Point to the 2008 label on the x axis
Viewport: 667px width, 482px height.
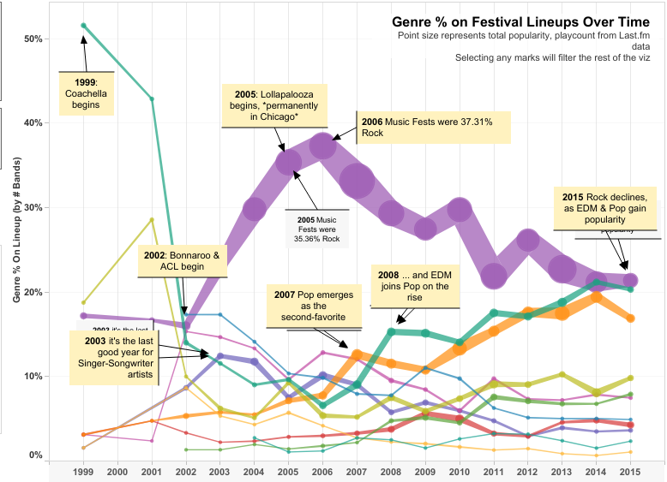390,472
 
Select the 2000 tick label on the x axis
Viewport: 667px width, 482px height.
117,472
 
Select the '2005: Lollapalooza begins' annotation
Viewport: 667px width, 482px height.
267,105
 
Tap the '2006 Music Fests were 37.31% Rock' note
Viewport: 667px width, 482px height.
433,128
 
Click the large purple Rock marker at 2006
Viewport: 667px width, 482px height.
322,147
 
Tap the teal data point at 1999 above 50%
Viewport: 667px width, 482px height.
84,26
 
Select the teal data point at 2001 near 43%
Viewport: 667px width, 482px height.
152,99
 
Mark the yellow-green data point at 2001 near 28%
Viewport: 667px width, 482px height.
152,220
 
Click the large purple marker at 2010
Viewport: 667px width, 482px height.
459,209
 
